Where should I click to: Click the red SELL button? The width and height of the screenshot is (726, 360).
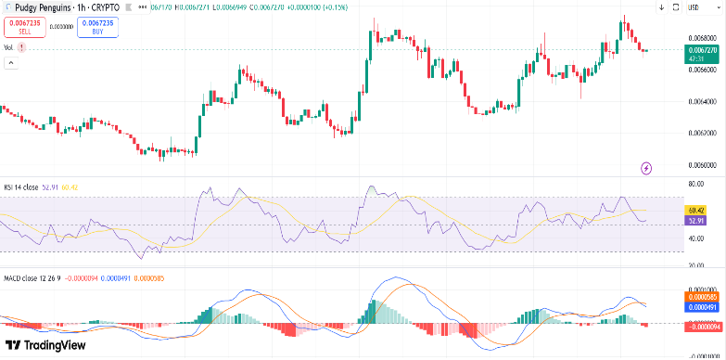[24, 27]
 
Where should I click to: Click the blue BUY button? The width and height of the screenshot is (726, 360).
[96, 27]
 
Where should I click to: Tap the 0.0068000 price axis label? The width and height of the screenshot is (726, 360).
[701, 38]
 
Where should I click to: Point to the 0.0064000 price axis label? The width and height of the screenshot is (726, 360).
[701, 101]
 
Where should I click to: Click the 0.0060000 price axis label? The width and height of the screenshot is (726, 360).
[701, 165]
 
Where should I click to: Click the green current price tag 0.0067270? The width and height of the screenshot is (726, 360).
[701, 53]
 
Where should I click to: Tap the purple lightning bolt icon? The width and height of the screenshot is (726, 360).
[646, 168]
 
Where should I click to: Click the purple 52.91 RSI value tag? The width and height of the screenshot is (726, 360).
[697, 221]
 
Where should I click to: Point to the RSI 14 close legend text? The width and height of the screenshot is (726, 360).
[20, 186]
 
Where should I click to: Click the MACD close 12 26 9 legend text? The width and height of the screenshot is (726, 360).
[34, 277]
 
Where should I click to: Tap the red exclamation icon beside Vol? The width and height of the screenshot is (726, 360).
[21, 46]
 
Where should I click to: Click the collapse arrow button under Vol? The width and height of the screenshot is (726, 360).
[12, 63]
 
